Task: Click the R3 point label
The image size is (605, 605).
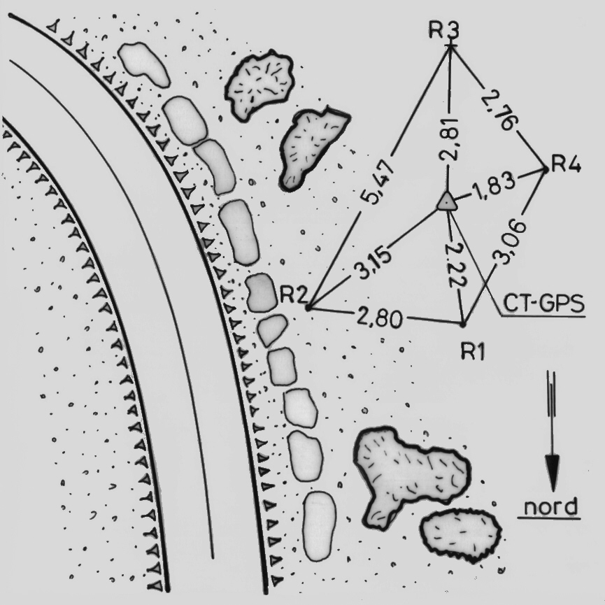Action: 444,30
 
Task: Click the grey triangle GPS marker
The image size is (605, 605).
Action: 446,201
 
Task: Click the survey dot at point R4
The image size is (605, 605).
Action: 546,169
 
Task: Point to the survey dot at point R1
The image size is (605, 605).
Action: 462,324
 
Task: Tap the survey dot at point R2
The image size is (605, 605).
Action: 308,307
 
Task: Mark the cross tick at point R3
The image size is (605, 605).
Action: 450,45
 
